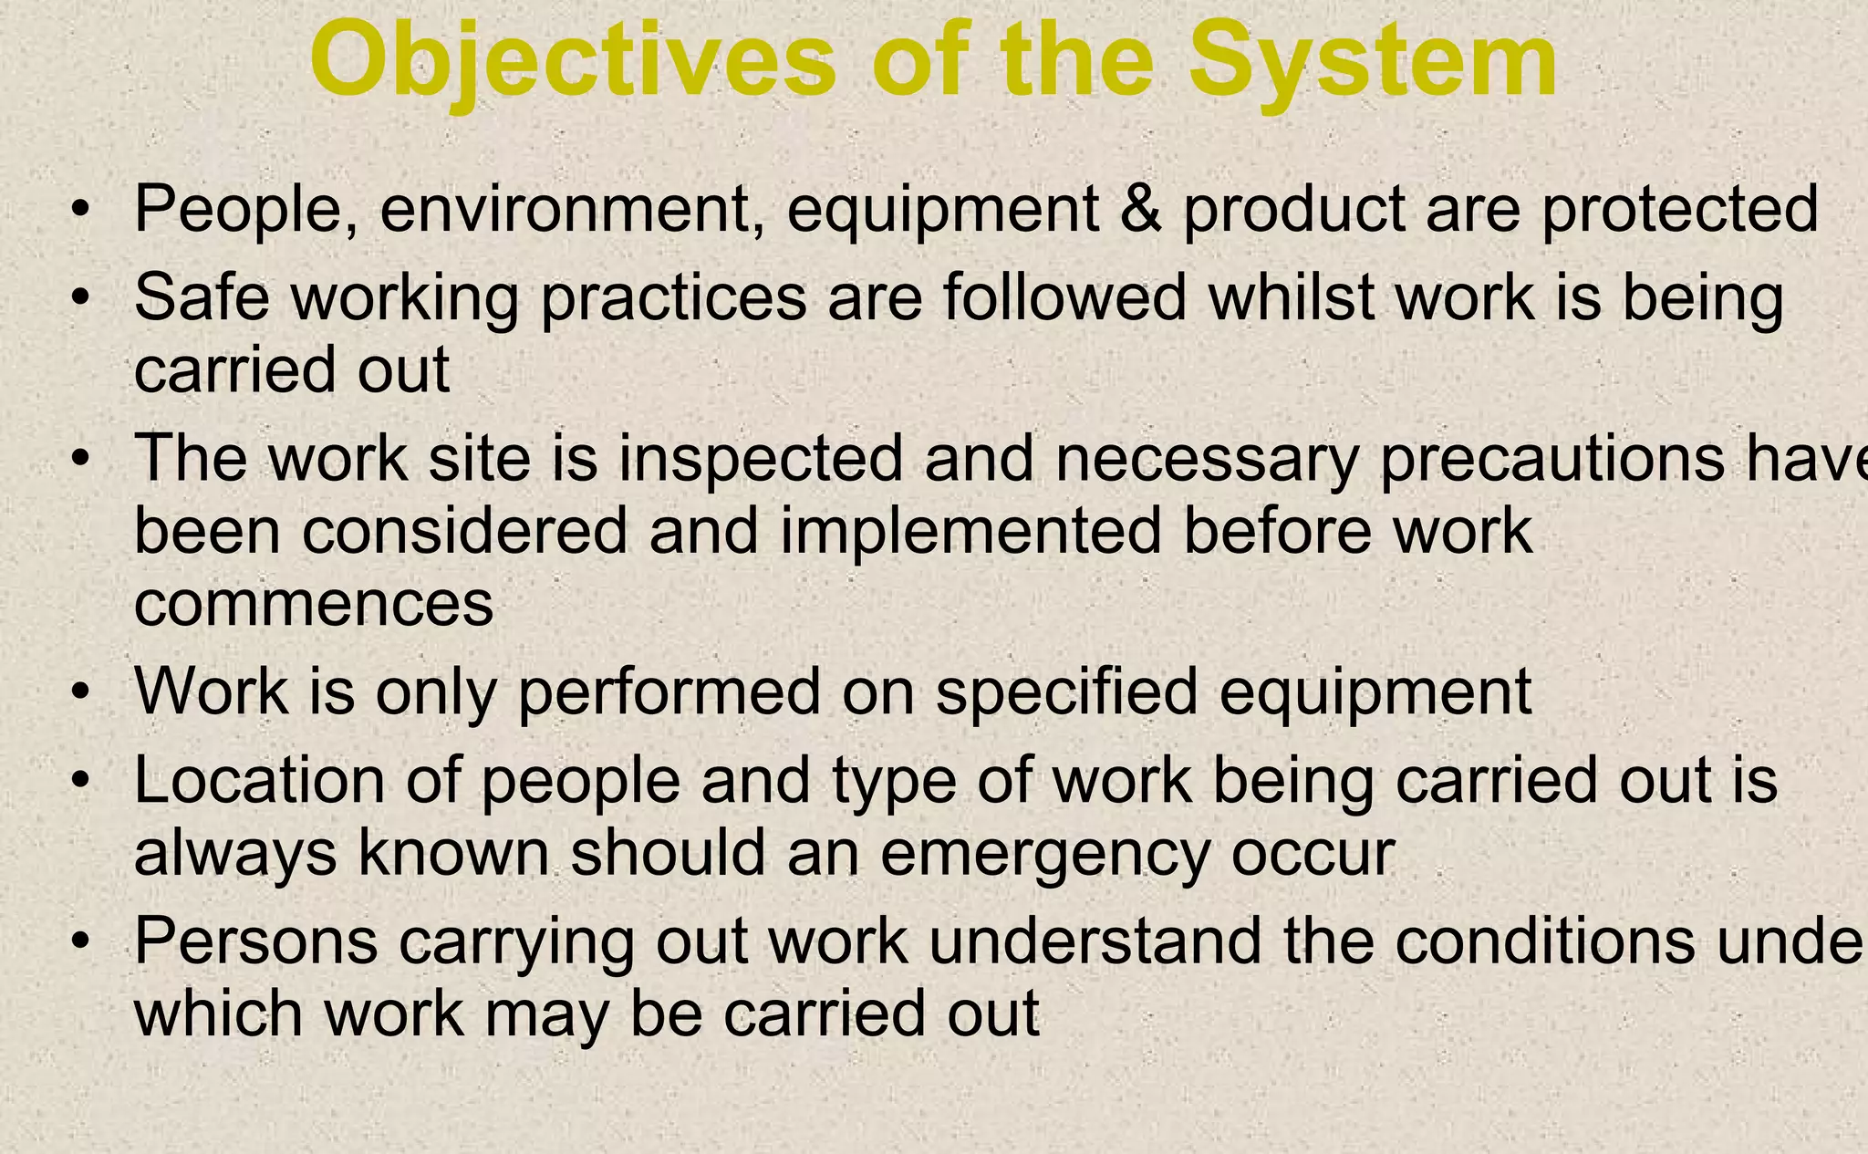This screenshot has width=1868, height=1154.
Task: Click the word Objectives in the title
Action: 573,61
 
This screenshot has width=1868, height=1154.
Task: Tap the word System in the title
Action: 1373,61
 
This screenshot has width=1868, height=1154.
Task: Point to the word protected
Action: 1680,209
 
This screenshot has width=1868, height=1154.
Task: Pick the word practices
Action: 673,299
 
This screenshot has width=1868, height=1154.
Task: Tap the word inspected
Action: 761,459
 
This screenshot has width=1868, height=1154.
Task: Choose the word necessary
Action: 1207,459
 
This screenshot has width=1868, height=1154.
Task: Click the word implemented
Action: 970,532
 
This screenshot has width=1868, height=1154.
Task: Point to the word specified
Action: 1066,692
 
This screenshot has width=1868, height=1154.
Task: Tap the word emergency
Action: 1044,854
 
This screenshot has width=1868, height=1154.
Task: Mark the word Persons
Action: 255,941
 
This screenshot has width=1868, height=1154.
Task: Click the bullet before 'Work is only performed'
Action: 81,692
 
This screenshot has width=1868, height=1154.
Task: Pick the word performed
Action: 669,692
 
